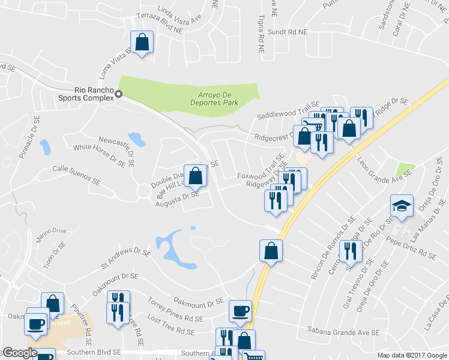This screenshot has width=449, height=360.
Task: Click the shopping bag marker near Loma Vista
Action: pos(142,43)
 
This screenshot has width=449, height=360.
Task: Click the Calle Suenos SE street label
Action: pos(76,174)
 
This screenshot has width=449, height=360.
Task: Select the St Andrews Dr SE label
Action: pos(125,258)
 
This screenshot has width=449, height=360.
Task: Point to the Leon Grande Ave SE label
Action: pos(385,166)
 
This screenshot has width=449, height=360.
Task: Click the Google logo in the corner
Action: pos(19,353)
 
